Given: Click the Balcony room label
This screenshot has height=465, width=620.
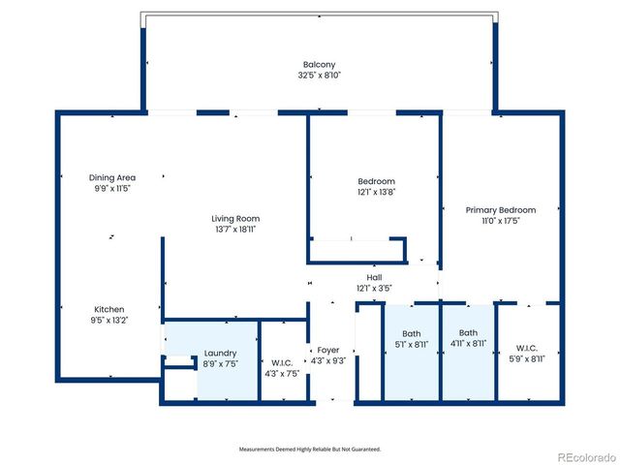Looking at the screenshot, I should click(x=320, y=64).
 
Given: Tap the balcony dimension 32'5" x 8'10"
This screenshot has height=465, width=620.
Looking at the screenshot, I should click(x=320, y=75).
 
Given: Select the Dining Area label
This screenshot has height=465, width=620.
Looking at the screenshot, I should click(x=112, y=177).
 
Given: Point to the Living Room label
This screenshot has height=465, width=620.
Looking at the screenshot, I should click(x=235, y=219).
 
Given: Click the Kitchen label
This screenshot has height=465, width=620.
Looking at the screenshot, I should click(x=108, y=310).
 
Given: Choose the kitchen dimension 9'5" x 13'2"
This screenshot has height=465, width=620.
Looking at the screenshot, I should click(x=108, y=321).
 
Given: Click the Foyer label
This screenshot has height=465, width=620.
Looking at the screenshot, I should click(x=327, y=350).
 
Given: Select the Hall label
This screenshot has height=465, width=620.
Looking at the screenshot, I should click(x=374, y=278).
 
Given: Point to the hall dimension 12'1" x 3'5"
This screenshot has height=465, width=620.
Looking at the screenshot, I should click(x=374, y=289).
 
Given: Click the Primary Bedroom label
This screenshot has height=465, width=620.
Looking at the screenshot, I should click(x=501, y=210).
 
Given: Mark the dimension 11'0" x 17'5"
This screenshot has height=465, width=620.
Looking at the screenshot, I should click(x=501, y=221).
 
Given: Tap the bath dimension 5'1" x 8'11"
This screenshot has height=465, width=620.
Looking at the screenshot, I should click(x=412, y=344).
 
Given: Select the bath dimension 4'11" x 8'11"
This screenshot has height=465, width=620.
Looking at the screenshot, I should click(x=468, y=344).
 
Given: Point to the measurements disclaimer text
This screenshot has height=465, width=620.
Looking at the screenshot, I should click(x=310, y=449).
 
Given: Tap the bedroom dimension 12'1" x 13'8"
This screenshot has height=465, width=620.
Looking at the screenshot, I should click(x=376, y=193).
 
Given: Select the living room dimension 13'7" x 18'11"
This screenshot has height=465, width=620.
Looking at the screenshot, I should click(x=235, y=230).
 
